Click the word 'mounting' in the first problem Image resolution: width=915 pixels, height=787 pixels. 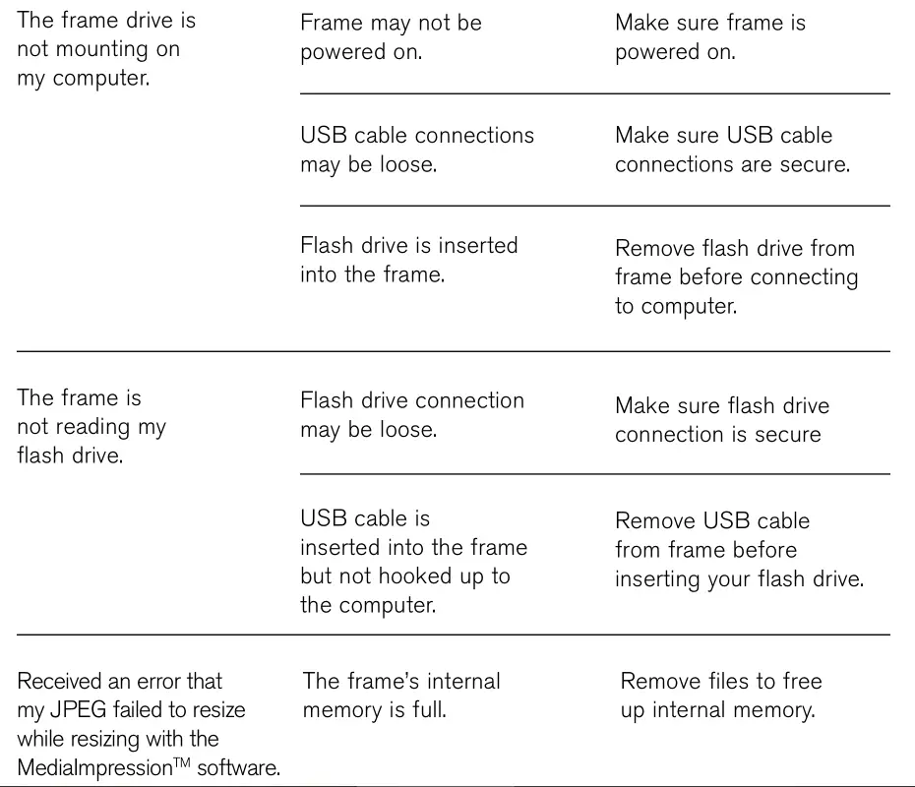pos(102,49)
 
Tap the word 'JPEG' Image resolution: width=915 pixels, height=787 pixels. pos(78,710)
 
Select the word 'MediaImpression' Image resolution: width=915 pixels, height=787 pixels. pos(95,767)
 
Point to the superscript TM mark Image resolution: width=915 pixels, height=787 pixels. pos(182,761)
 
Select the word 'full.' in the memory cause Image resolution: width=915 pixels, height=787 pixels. pos(429,710)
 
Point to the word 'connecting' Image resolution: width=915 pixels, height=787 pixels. pos(804,277)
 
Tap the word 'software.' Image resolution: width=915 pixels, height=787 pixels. pos(239,767)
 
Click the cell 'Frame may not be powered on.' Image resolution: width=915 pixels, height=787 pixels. pos(391,37)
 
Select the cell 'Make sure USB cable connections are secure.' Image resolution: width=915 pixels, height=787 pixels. pos(732,150)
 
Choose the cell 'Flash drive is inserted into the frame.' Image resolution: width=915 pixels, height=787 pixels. pos(409,260)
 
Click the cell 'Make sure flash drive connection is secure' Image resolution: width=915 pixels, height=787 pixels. pos(722,420)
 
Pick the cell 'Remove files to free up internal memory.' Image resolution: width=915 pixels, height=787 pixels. pos(720,696)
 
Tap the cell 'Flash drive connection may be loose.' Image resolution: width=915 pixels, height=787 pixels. pos(412,415)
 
